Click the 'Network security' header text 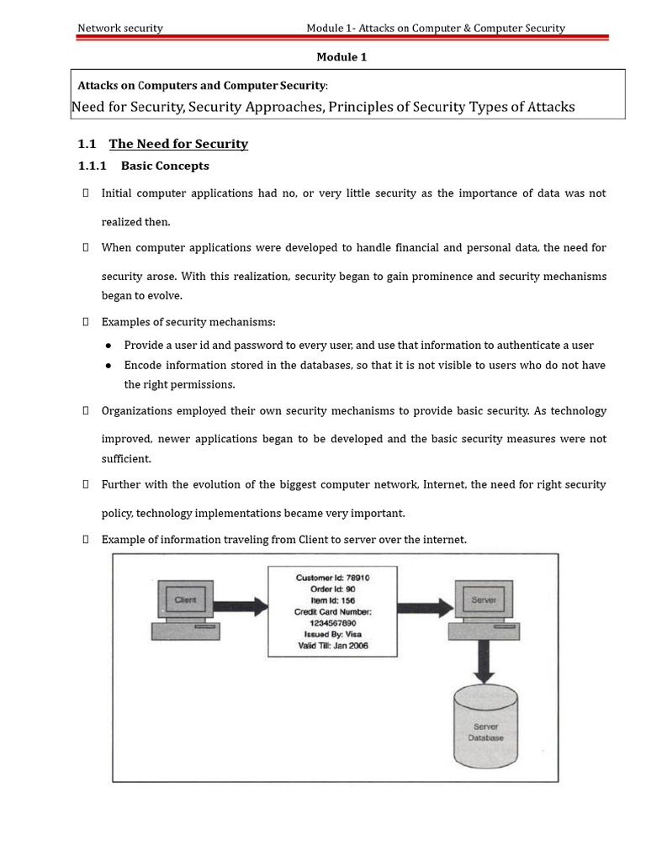(x=120, y=28)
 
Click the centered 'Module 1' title (x=342, y=57)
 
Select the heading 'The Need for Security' (x=178, y=144)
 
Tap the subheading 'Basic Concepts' (x=165, y=166)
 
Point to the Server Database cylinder (x=485, y=726)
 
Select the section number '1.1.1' (x=91, y=166)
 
